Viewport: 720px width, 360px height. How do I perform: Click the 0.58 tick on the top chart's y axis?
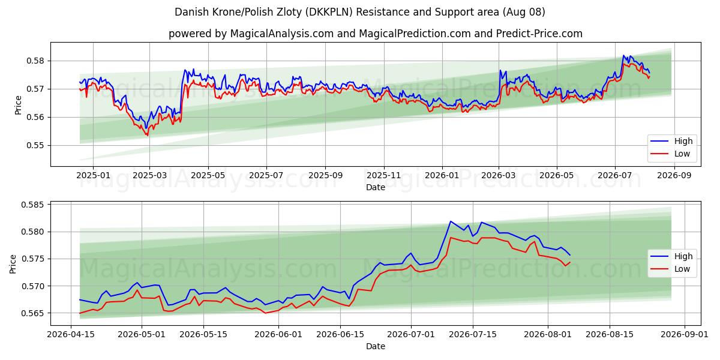tap(35, 61)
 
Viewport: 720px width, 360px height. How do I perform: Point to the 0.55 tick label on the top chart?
tap(35, 145)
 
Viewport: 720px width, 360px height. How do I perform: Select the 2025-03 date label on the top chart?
tap(150, 175)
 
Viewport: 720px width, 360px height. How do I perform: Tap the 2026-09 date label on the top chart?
tap(674, 175)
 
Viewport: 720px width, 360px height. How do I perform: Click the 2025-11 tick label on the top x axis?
tap(384, 175)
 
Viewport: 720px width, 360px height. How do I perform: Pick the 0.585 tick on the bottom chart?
tap(32, 205)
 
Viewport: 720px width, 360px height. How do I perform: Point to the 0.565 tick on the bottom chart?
tap(32, 313)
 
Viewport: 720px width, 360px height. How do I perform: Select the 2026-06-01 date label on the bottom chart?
tap(278, 335)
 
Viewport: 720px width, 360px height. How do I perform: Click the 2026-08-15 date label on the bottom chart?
tap(610, 335)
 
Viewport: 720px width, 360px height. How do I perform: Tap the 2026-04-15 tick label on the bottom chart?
tap(71, 335)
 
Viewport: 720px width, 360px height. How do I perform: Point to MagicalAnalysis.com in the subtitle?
tap(282, 34)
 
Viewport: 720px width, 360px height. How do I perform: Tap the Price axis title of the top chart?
tap(18, 105)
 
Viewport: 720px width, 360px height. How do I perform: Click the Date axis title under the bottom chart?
tap(376, 346)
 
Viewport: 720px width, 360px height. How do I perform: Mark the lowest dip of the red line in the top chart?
tap(148, 136)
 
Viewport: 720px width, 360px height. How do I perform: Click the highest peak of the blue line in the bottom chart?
tap(451, 221)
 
